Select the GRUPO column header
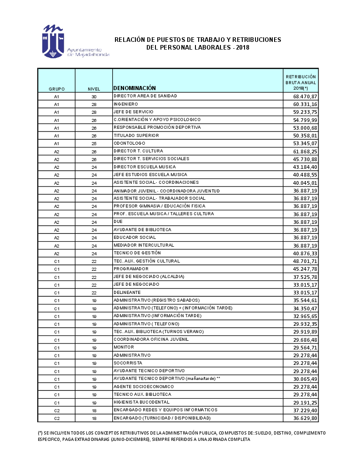(x=56, y=89)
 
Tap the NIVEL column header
(x=94, y=89)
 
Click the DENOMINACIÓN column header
(x=135, y=88)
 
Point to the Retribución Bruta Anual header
(x=300, y=82)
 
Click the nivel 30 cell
(x=94, y=96)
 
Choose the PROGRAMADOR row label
(x=131, y=269)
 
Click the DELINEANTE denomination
(x=127, y=292)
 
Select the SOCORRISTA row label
(x=128, y=363)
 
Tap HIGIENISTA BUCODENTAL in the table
(x=141, y=402)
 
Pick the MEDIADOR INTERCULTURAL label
(x=143, y=245)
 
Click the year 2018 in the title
(x=243, y=47)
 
